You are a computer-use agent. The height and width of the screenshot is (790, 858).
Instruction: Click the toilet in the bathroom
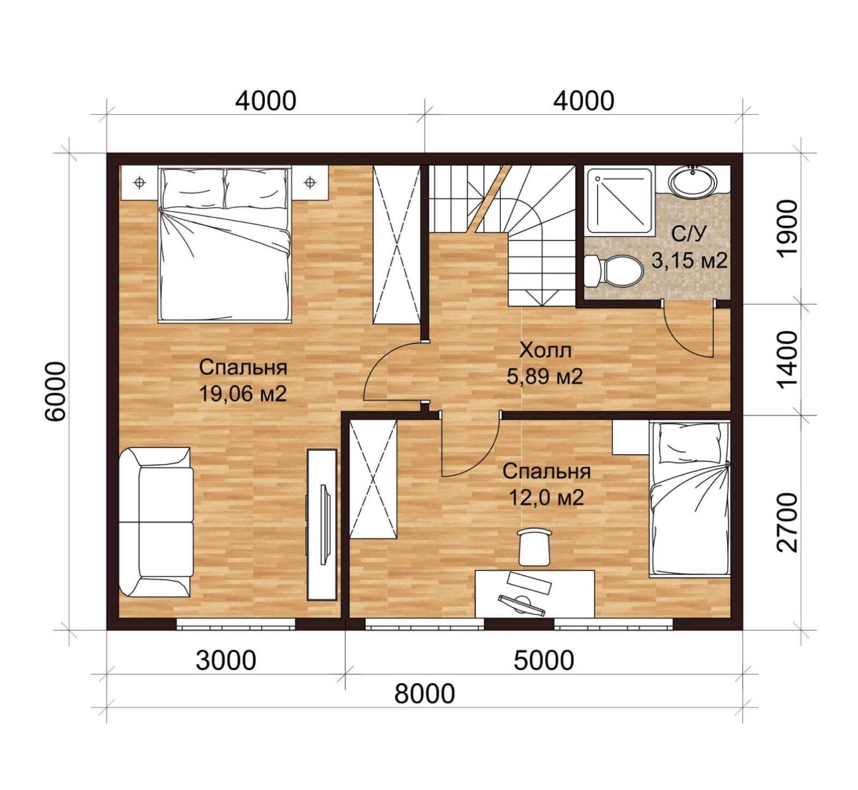click(613, 271)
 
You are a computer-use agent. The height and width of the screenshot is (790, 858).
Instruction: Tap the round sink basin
click(692, 181)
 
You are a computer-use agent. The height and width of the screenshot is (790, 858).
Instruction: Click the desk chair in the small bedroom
click(535, 546)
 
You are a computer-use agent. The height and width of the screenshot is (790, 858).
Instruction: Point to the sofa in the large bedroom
click(156, 522)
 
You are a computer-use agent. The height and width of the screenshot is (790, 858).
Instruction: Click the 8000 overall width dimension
click(425, 693)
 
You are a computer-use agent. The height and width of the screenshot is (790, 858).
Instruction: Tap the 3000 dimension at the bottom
click(226, 660)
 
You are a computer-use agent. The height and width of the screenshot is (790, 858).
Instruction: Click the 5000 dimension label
click(544, 660)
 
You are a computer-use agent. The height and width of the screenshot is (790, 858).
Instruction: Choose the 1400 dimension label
click(787, 359)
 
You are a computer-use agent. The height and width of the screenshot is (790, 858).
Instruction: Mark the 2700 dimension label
click(787, 522)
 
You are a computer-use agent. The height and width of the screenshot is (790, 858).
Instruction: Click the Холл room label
click(545, 350)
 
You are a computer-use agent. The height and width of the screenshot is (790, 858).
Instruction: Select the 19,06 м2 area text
click(243, 394)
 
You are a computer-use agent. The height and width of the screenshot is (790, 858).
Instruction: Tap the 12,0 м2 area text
click(546, 498)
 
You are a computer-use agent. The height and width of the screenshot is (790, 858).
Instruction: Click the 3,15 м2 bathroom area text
click(689, 260)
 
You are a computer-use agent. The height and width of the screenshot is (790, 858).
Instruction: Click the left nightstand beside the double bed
click(139, 183)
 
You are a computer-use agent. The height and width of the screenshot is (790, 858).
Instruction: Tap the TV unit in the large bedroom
click(322, 524)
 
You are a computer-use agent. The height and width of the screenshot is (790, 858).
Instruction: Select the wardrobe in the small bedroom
click(373, 479)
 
